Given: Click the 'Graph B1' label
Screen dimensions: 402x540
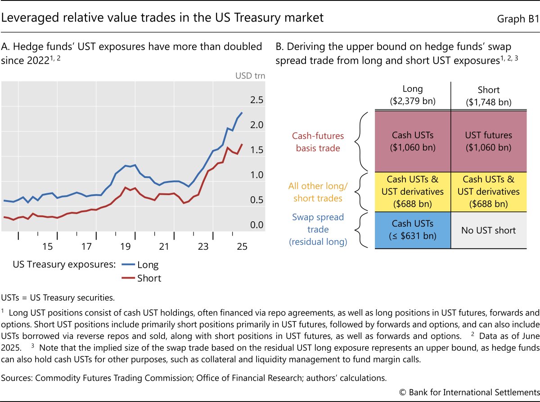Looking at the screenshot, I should coord(517,18).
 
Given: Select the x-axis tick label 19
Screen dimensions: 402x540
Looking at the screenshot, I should coord(125,247).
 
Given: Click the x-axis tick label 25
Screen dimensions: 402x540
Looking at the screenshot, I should coord(242,247).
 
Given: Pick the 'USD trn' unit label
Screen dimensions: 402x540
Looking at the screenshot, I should coord(250,76).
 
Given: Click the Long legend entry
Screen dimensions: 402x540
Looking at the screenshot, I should coord(148,265).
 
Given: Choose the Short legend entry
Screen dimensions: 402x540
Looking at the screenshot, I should coord(149,278).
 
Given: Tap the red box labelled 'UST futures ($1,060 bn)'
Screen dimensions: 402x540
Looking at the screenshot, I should coord(488,141).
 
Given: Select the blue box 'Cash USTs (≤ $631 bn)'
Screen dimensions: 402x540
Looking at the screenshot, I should coord(412,230).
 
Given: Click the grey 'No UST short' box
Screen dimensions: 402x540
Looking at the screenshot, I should coord(488,230).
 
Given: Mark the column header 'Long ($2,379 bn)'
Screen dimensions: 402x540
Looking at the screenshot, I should coord(412,96).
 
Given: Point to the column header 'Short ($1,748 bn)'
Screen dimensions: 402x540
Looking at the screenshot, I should coord(488,96).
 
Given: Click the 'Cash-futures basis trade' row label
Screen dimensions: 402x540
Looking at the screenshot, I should coord(318,142).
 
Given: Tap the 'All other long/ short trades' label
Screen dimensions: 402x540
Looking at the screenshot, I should coord(317,192).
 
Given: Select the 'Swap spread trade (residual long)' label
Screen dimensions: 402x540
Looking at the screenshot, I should coord(318,230).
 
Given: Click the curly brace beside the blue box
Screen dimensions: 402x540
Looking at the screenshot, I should coord(360,230).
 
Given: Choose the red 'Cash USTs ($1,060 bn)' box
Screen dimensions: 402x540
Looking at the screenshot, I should coord(412,141).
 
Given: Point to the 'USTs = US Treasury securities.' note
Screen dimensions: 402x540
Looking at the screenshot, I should coord(58,297).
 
